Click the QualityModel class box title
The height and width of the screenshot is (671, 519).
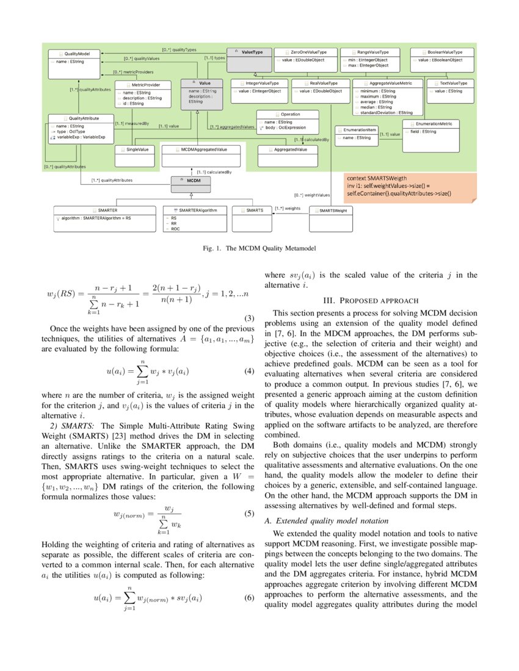click(x=78, y=54)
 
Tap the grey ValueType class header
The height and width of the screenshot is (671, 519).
click(x=252, y=52)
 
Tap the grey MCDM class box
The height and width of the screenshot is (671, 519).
click(x=194, y=181)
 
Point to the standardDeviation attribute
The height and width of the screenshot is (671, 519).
click(x=386, y=113)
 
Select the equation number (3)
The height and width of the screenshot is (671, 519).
click(x=249, y=318)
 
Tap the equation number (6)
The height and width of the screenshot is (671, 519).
click(x=249, y=597)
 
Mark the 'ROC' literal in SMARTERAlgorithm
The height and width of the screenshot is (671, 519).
click(x=176, y=229)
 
